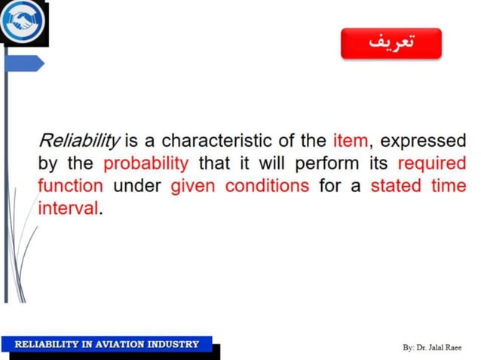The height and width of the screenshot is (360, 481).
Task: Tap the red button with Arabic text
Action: coord(391,43)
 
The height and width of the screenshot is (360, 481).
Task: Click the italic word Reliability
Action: coord(79,141)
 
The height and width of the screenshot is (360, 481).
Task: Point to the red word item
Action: coord(350,141)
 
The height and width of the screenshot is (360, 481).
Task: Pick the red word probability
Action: coord(146,163)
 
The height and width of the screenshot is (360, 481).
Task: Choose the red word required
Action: coord(431,163)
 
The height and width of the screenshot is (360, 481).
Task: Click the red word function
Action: coord(70,185)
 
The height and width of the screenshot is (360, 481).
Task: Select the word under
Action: coord(137,185)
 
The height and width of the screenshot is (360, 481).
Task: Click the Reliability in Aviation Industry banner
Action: coord(107,344)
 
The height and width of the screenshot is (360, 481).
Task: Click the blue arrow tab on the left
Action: coord(24,64)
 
